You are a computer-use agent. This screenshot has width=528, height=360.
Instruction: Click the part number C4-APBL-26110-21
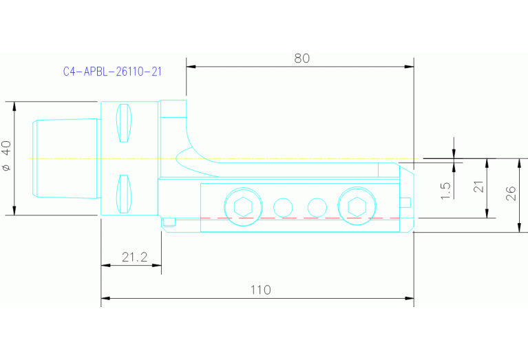point(112,72)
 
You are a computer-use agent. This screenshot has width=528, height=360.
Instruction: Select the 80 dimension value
point(302,59)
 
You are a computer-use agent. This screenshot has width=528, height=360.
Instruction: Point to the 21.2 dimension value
point(134,257)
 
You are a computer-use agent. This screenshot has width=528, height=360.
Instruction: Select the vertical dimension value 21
point(479,187)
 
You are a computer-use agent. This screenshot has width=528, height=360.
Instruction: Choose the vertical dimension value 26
point(510,194)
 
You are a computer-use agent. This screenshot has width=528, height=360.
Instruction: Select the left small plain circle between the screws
point(282,206)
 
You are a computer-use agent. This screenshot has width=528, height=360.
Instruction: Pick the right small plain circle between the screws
point(317,206)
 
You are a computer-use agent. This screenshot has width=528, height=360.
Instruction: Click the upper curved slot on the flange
point(124,123)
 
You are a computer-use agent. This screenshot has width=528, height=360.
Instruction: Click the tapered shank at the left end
point(66,158)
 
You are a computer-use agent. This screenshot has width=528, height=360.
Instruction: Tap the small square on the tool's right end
point(406,202)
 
